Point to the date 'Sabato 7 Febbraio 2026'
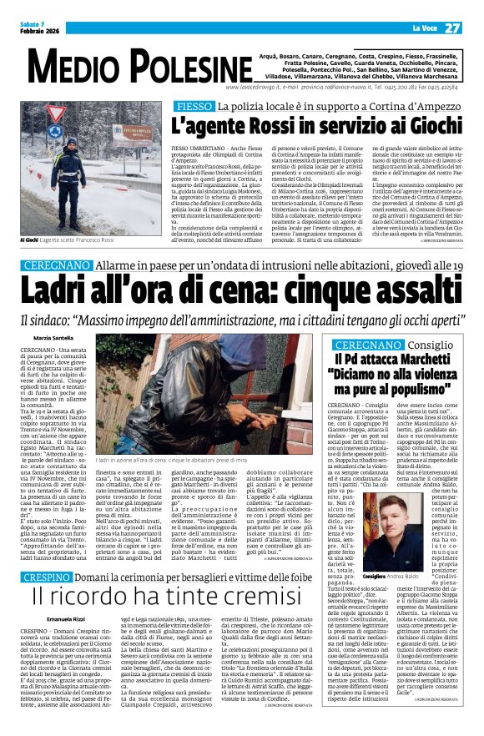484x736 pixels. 36,28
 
